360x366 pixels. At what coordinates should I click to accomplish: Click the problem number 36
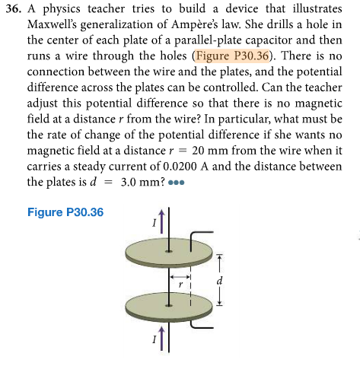(14, 9)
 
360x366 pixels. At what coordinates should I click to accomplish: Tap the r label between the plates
(180, 282)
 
